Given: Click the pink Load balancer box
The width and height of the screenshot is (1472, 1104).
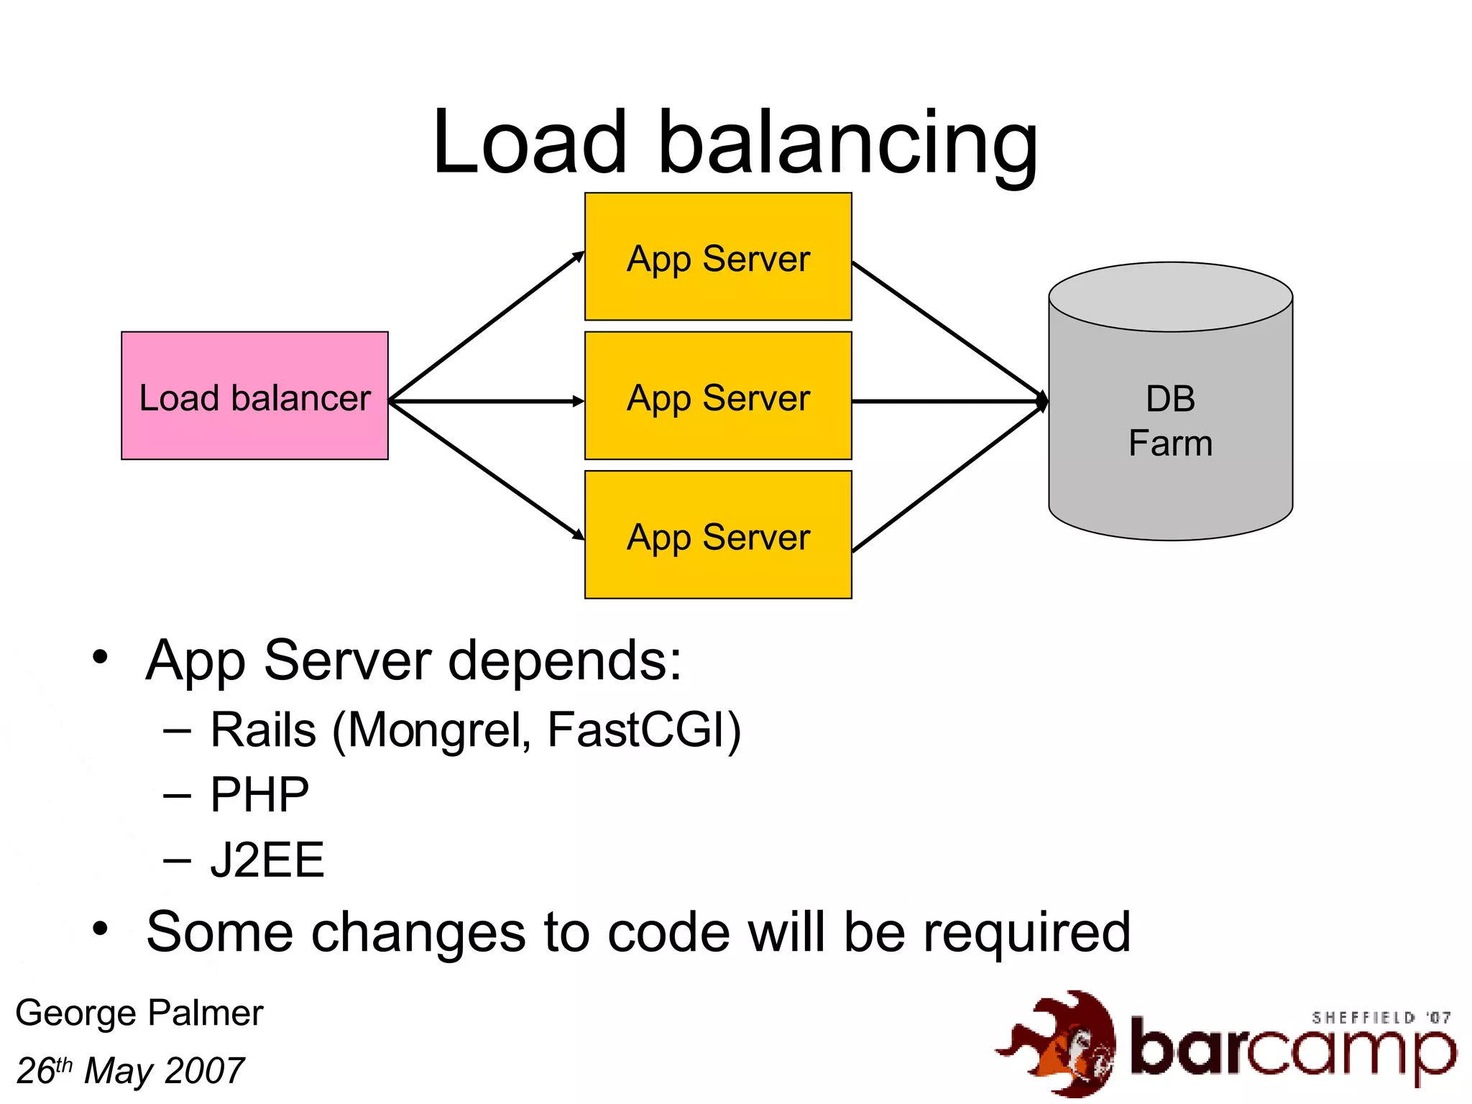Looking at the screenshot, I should coord(254,396).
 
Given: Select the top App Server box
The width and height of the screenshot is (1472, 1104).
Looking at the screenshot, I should coord(718,257).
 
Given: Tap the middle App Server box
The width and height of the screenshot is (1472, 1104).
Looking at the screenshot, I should coord(718,396).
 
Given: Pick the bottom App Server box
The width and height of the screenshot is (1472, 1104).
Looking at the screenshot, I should coord(718,535).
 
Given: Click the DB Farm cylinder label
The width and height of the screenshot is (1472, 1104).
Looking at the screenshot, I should coord(1170,420).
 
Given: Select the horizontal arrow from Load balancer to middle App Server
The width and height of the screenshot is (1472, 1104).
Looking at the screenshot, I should coord(486,401).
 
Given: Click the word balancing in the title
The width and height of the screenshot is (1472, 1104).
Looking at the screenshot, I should coord(848,144).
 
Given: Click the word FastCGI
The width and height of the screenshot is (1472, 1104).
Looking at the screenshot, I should coord(638,730).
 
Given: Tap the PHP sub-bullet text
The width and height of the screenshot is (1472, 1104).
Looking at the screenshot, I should coord(259,795).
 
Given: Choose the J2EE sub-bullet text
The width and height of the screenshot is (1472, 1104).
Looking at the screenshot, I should coord(267,860).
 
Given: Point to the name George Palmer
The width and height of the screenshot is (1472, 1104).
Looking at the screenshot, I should coord(139,1013).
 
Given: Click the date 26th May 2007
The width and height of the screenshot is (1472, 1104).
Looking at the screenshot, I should coord(130,1071).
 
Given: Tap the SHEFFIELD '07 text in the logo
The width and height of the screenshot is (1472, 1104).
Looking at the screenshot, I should coord(1380,1018).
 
